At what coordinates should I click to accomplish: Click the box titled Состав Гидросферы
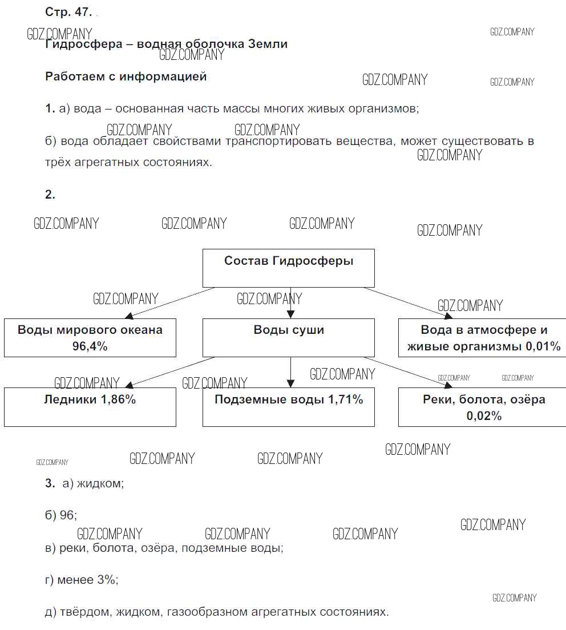[x=289, y=268]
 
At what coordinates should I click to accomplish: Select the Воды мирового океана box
[x=90, y=337]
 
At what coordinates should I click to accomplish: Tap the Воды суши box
[x=289, y=337]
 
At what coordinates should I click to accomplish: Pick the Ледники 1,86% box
[x=90, y=406]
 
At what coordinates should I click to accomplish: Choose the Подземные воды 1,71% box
[x=289, y=406]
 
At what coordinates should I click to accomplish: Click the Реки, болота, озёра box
[x=484, y=406]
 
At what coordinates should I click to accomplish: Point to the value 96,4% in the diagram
[x=90, y=346]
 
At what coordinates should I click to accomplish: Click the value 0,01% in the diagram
[x=544, y=346]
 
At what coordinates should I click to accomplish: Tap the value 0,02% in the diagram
[x=484, y=416]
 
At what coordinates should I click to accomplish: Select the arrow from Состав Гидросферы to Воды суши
[x=290, y=302]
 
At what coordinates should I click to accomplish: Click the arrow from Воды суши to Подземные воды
[x=290, y=372]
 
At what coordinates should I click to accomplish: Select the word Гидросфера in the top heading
[x=82, y=45]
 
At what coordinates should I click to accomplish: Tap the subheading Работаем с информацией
[x=126, y=76]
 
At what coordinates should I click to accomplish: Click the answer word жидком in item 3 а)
[x=100, y=483]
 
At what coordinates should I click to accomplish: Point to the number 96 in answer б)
[x=67, y=515]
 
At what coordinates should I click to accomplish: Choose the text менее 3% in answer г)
[x=88, y=580]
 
